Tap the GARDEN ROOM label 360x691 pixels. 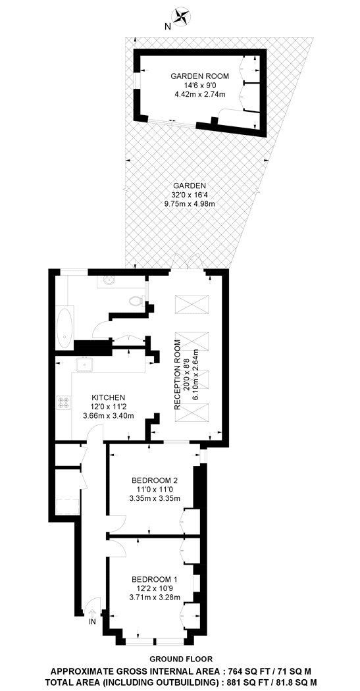pos(194,76)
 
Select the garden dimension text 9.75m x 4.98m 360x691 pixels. pos(190,203)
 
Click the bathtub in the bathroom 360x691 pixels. pos(64,326)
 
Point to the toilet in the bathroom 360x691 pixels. pos(136,301)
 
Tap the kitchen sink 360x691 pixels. pos(84,365)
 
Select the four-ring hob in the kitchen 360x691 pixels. pos(62,402)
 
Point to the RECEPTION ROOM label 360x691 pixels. pos(178,375)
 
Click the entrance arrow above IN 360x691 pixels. pos(92,613)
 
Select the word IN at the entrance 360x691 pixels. pos(91,623)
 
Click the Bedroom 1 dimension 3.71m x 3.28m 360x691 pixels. pos(155,598)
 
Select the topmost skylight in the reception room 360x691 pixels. pos(192,303)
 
